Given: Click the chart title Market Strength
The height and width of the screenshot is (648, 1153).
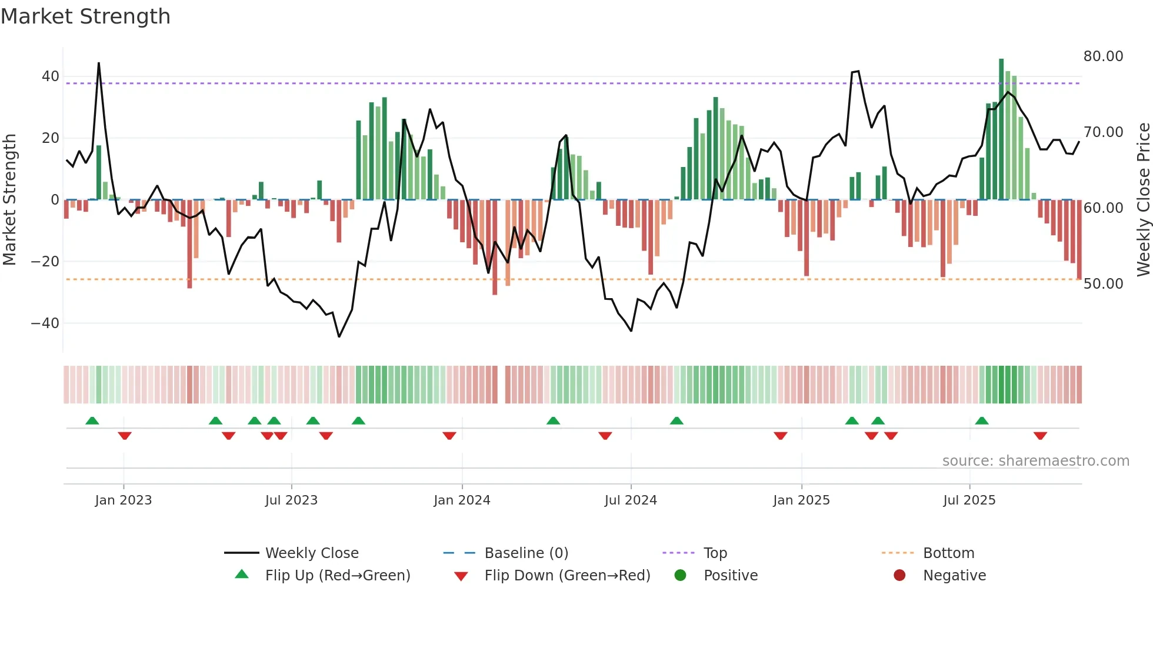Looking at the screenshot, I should pos(85,16).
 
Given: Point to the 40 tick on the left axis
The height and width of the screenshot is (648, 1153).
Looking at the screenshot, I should pos(51,76).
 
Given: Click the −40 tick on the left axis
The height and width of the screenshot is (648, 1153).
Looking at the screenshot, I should pos(45,323).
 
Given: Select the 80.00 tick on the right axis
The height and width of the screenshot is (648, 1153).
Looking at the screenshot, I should pos(1103,56).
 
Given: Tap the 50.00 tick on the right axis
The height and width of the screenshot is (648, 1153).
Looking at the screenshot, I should pos(1103,284).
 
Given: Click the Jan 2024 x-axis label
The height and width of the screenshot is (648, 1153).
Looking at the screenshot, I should pos(462,500).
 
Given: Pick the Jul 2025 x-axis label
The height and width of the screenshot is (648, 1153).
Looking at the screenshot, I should pos(969,500).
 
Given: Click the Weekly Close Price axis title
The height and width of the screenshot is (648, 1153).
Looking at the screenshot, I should pos(1143,200).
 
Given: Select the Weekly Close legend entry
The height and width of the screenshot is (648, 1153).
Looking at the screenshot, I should pos(311,553).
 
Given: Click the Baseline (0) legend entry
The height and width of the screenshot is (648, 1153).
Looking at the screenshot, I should pos(526,553).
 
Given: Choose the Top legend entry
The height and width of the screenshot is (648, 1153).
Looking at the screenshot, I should pos(715,553).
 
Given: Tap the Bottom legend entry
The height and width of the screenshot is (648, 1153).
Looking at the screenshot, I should pos(948,553).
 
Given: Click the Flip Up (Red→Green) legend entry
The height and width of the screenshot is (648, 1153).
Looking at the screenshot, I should pos(337,576).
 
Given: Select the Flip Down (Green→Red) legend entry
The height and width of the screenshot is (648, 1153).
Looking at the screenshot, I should pos(567,576).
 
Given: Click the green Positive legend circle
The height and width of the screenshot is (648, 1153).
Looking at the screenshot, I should pos(680,576).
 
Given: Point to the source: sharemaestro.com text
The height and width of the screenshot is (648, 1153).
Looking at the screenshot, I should pos(1035,461).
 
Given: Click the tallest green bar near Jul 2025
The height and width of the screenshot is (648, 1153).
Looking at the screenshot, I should pos(1001,129).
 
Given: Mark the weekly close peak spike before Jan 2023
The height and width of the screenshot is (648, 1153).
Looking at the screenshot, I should pos(99,64).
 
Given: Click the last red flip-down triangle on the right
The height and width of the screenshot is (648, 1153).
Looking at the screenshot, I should pos(1040,436).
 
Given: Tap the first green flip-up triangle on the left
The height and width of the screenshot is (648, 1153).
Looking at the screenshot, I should pos(92,420).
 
